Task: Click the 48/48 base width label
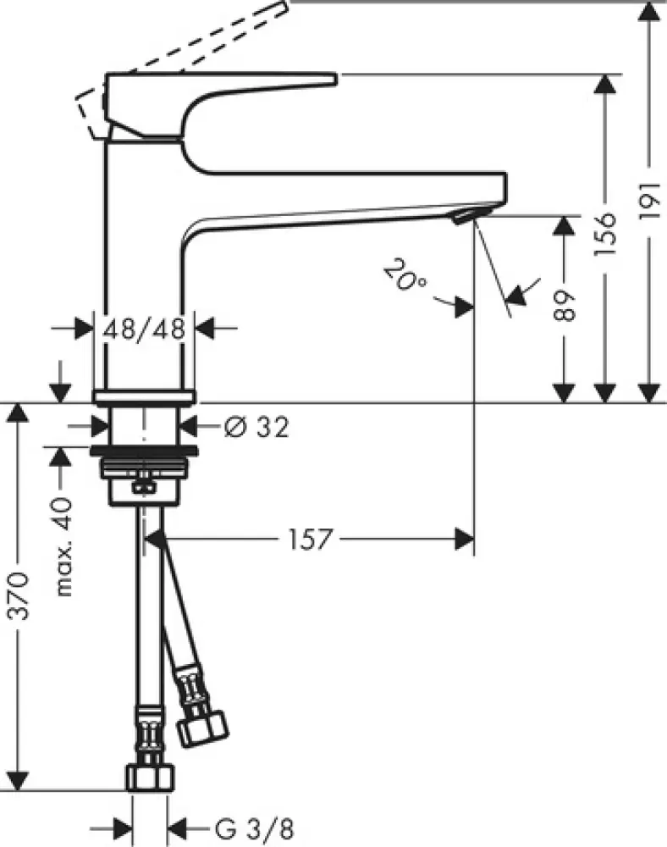click(144, 328)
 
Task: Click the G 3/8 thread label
click(239, 826)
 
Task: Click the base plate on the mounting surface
click(144, 396)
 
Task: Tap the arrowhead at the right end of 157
click(465, 539)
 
